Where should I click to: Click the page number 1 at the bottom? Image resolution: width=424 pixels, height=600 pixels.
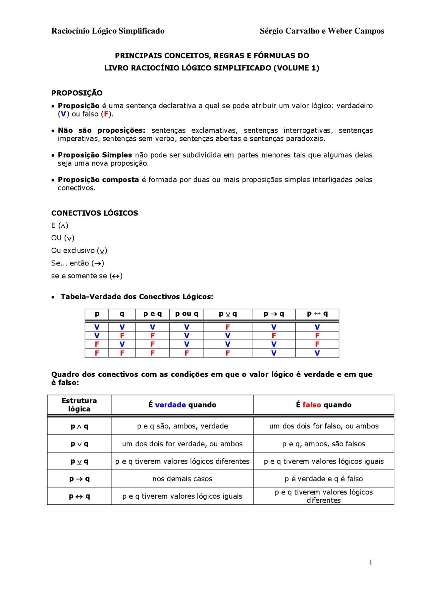click(x=370, y=562)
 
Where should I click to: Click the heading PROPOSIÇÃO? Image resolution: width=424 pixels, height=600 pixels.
click(x=77, y=93)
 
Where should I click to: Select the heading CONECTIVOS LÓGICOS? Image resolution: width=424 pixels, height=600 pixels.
click(x=94, y=213)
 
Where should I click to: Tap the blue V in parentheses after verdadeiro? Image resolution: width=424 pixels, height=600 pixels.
click(x=63, y=114)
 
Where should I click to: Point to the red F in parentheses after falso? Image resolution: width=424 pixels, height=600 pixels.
click(x=106, y=114)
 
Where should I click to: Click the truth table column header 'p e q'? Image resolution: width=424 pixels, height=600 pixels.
click(x=152, y=314)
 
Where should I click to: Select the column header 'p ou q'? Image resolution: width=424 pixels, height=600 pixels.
click(x=186, y=314)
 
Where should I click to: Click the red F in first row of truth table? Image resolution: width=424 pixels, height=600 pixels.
click(x=228, y=327)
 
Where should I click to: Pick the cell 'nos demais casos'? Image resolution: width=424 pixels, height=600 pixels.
click(x=182, y=479)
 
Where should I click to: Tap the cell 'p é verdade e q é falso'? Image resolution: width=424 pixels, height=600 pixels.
click(x=324, y=479)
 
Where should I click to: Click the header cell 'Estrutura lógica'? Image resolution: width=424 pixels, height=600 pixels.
click(x=79, y=405)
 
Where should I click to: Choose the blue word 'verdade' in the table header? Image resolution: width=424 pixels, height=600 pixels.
click(x=170, y=405)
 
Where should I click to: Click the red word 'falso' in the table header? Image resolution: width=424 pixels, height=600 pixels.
click(x=312, y=405)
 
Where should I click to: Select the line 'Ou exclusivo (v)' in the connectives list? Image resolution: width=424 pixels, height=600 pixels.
click(x=79, y=251)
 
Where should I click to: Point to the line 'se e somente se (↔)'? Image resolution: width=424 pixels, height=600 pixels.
click(x=87, y=276)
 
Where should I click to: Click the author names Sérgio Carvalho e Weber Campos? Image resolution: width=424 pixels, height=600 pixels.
click(x=322, y=31)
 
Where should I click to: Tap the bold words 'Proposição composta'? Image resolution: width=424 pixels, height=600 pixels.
click(x=98, y=180)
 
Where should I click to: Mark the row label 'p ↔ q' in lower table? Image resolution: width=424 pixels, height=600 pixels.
click(x=79, y=496)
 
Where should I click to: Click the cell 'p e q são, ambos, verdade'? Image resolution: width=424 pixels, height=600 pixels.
click(x=182, y=426)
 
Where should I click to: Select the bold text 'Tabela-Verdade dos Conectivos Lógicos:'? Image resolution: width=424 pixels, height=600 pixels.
click(x=137, y=297)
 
